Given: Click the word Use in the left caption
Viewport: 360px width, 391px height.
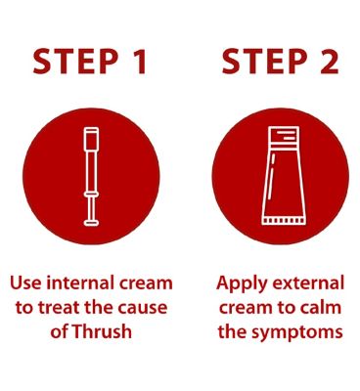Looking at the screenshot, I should point(26,282).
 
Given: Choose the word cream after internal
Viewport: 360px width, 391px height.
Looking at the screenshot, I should point(149,282).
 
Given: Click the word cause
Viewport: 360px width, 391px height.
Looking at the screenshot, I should point(144,307).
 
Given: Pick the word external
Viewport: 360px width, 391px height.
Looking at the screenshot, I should point(309,282).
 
